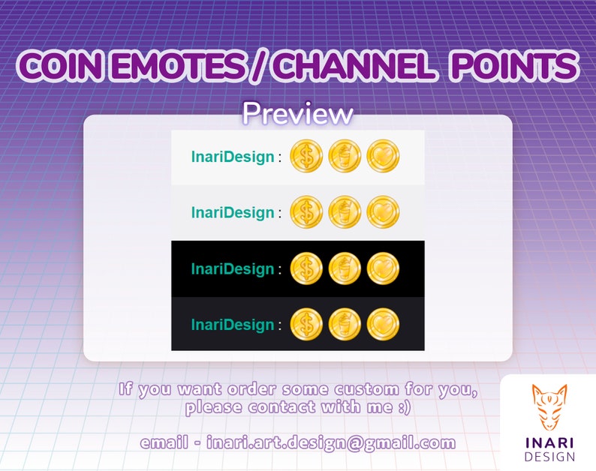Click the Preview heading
tap(297, 114)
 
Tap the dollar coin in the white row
tap(306, 157)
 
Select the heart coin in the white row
tap(383, 157)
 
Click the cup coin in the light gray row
tap(345, 212)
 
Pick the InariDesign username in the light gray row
tap(233, 212)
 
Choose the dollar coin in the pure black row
tap(306, 268)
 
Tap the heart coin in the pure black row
tap(383, 268)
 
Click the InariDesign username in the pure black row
tap(233, 268)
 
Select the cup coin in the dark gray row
tap(345, 324)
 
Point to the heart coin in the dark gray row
tap(383, 324)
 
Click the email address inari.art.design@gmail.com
tap(331, 443)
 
